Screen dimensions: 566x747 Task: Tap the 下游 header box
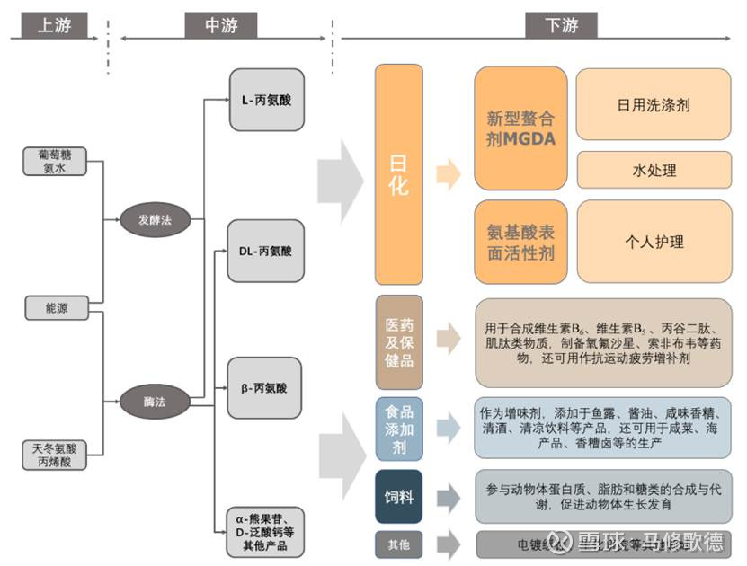click(x=563, y=25)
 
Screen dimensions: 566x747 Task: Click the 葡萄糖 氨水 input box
click(x=55, y=161)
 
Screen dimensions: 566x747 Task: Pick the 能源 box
click(x=56, y=308)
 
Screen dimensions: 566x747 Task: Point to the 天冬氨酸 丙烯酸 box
click(x=56, y=455)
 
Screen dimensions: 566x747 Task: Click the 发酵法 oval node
click(x=154, y=219)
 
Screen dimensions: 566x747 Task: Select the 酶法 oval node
click(x=154, y=401)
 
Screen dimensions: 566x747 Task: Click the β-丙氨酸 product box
click(x=266, y=388)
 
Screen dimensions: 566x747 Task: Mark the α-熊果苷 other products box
click(x=266, y=532)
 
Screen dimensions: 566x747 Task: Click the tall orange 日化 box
click(x=397, y=174)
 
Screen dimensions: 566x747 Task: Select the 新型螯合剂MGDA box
click(x=520, y=128)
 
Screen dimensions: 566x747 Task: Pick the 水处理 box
click(x=654, y=170)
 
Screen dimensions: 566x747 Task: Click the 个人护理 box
click(x=654, y=242)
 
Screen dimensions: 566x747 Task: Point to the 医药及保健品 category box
click(x=398, y=342)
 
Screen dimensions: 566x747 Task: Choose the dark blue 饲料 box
click(x=398, y=496)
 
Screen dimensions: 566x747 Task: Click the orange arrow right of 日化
click(x=448, y=174)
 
